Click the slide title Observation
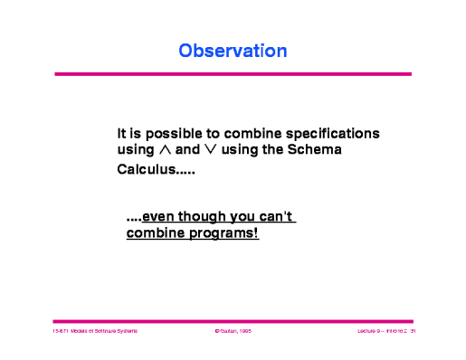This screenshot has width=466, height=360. click(x=233, y=51)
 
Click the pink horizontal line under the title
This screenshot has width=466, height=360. click(x=233, y=74)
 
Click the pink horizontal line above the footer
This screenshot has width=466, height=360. click(x=233, y=320)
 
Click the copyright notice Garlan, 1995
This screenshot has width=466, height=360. click(x=234, y=332)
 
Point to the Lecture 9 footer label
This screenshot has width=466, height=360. click(x=372, y=332)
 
